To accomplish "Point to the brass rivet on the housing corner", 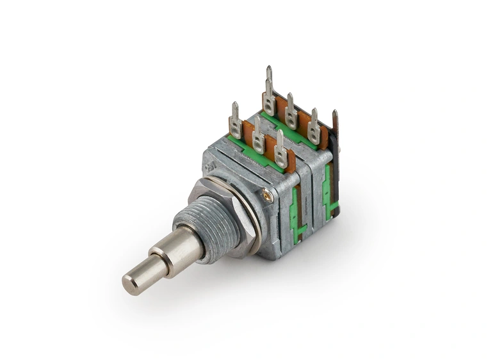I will [x=268, y=196].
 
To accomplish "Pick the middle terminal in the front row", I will [x=258, y=137].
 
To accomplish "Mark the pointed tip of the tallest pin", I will [x=269, y=69].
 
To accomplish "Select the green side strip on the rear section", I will [x=328, y=192].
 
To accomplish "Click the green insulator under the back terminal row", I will [x=288, y=132].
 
